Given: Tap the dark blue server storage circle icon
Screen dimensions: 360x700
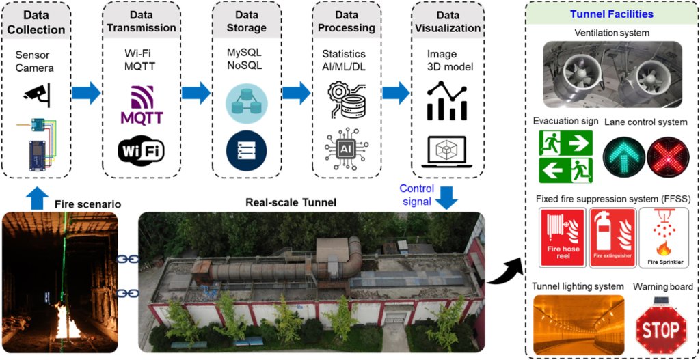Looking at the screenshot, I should point(246,150).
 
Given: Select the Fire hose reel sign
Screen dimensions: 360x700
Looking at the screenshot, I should point(562,238).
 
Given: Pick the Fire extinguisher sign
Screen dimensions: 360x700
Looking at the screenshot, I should point(612,238).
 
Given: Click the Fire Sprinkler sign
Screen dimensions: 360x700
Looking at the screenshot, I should point(662,238).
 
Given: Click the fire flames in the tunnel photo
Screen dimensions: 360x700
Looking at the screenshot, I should point(68,321).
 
